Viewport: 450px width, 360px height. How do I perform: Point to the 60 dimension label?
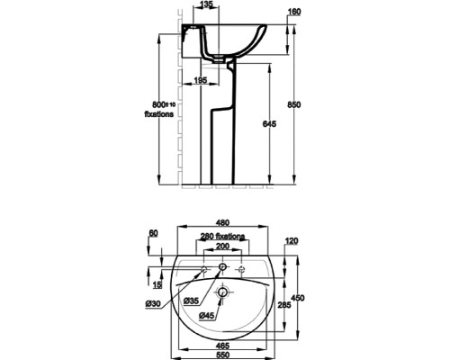click(x=153, y=233)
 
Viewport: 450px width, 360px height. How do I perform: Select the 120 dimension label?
click(x=291, y=240)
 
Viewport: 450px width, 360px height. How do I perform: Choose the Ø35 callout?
click(x=191, y=300)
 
